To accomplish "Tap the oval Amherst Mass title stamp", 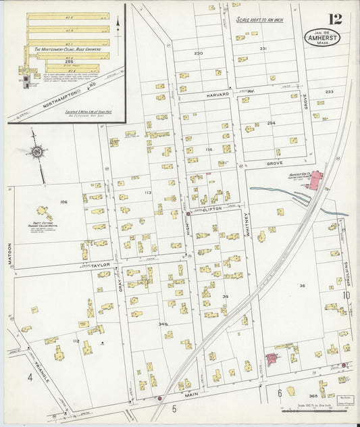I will click(x=322, y=38).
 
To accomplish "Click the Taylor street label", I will click(x=100, y=266).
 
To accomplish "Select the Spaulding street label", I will click(x=345, y=274).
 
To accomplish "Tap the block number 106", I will click(x=63, y=202).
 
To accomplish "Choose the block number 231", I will click(x=263, y=49).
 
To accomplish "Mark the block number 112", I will click(x=76, y=341).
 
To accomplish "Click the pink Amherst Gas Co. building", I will click(x=315, y=180).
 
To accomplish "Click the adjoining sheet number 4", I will click(x=30, y=378).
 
